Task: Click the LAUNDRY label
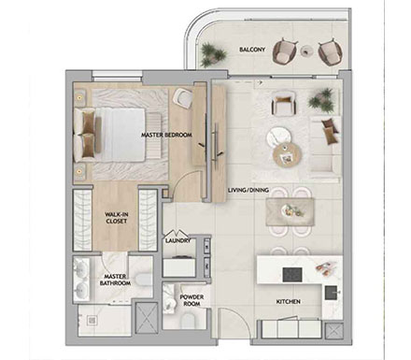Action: coord(177,240)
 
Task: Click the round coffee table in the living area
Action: coord(284,155)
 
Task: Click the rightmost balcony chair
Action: coord(329,51)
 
